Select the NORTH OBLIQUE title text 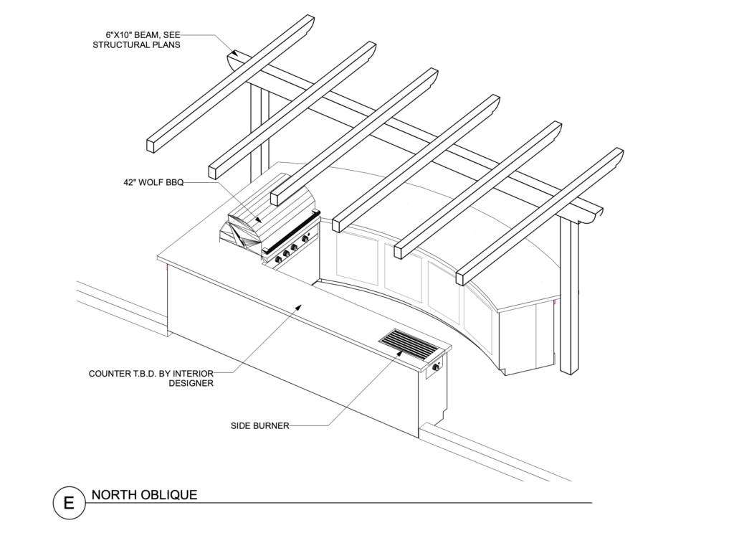click(144, 495)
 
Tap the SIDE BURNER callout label click(259, 425)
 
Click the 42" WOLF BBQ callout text click(153, 182)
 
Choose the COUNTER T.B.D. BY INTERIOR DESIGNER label click(151, 378)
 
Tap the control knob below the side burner click(436, 369)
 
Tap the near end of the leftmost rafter click(151, 144)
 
